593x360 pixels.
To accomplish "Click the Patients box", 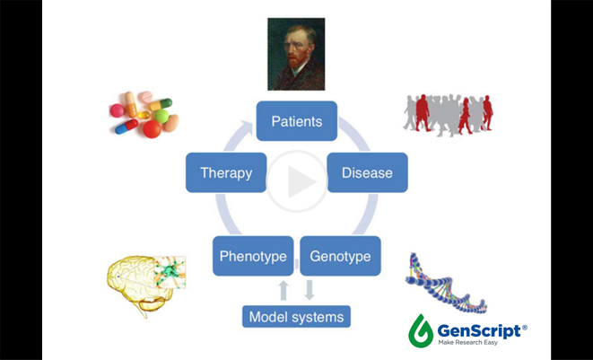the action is click(296, 121).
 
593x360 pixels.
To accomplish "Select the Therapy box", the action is click(226, 172).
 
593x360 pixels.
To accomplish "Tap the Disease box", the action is click(367, 172).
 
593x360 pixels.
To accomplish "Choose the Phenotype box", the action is click(253, 256).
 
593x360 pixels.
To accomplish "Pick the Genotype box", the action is click(340, 256).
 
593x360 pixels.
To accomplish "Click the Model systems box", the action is click(296, 317).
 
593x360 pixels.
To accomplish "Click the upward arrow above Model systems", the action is click(283, 290).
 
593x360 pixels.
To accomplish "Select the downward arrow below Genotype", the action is click(310, 290).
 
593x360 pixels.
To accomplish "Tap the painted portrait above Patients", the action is click(296, 54).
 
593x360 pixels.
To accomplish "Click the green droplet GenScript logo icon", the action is click(421, 330).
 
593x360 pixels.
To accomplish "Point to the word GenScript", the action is click(479, 331).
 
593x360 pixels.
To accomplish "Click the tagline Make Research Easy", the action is click(468, 343).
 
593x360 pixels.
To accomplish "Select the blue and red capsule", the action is click(126, 127).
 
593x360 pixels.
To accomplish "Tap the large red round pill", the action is click(152, 129).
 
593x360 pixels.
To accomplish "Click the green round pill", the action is click(161, 116).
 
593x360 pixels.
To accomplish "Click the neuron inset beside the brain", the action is click(170, 272).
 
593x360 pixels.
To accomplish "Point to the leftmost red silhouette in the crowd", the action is click(423, 113).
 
